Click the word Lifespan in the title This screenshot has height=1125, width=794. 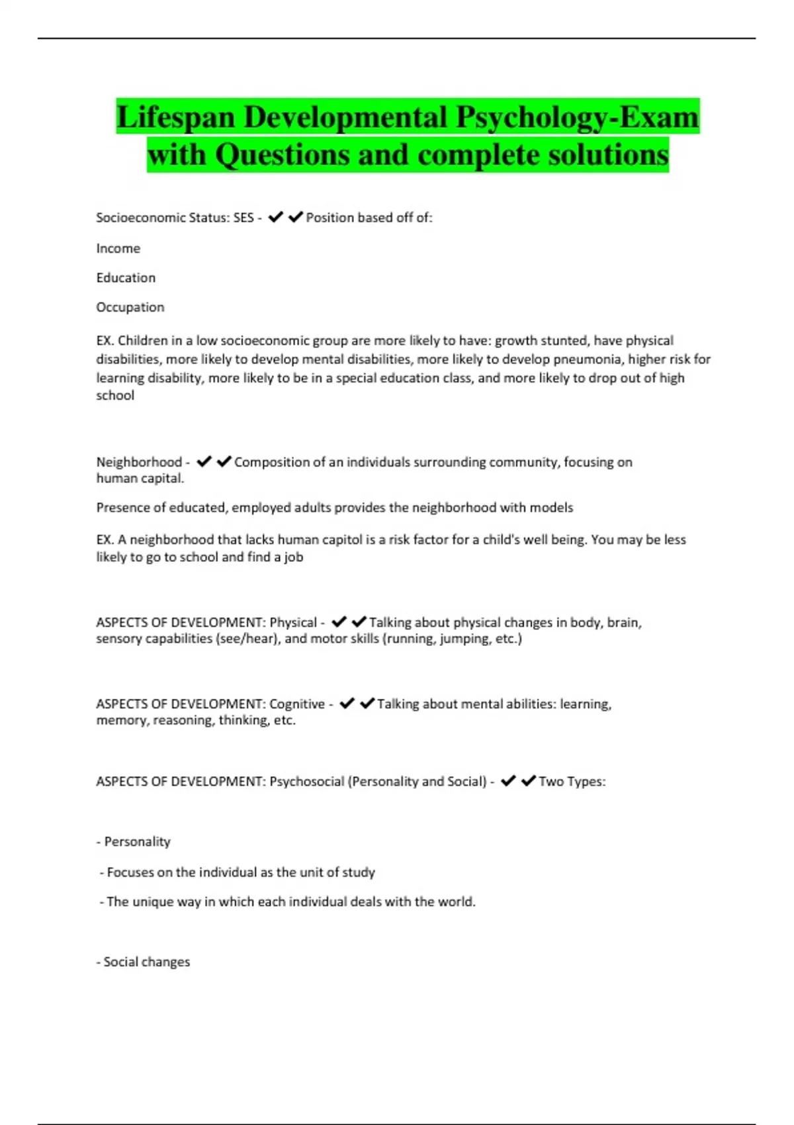coord(175,118)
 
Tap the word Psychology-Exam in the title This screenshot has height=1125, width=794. coord(577,118)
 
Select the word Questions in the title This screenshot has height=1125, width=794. coord(282,156)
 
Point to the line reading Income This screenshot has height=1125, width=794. coord(118,249)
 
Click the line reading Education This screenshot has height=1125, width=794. coord(126,278)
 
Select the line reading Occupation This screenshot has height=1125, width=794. coord(130,307)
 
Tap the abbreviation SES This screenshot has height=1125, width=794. coord(243,218)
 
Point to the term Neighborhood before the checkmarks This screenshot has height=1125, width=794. coord(139,462)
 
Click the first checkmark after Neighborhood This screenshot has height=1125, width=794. coord(204,461)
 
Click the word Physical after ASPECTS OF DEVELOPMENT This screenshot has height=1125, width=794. coord(293,623)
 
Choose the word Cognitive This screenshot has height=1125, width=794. coord(297,704)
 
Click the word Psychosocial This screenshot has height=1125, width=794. coord(307,782)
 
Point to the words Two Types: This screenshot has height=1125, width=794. coord(572,782)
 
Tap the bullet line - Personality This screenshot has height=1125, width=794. coord(134,842)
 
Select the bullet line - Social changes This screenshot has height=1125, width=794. coord(144,962)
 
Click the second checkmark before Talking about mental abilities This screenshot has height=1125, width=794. coord(367,703)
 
